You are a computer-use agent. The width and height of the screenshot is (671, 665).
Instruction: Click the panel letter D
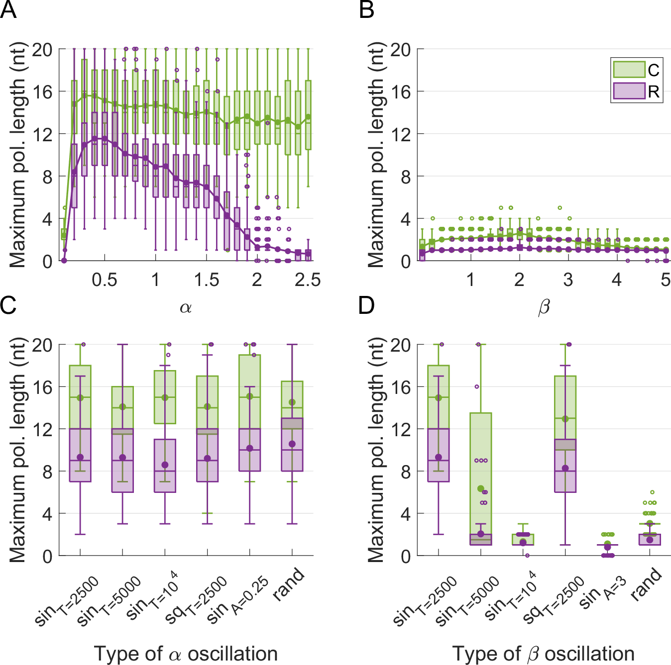(x=366, y=305)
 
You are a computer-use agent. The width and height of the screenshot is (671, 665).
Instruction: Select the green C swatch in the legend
(x=629, y=70)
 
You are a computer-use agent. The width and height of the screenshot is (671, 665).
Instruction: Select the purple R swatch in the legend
(x=629, y=91)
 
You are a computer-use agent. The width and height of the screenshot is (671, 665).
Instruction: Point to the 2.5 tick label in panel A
(x=307, y=280)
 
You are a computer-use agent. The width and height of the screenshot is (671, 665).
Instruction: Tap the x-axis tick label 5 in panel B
(x=666, y=280)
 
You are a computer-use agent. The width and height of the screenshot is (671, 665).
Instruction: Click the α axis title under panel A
(x=186, y=307)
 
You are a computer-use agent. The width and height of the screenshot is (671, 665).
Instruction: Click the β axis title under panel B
(x=544, y=307)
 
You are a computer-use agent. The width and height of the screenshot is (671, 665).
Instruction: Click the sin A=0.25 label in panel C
(x=238, y=599)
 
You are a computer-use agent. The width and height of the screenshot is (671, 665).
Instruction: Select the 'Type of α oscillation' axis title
(x=186, y=654)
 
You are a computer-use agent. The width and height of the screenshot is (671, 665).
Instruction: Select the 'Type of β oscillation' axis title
(x=544, y=654)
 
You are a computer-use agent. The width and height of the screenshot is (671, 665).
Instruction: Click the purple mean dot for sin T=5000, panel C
(x=122, y=458)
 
